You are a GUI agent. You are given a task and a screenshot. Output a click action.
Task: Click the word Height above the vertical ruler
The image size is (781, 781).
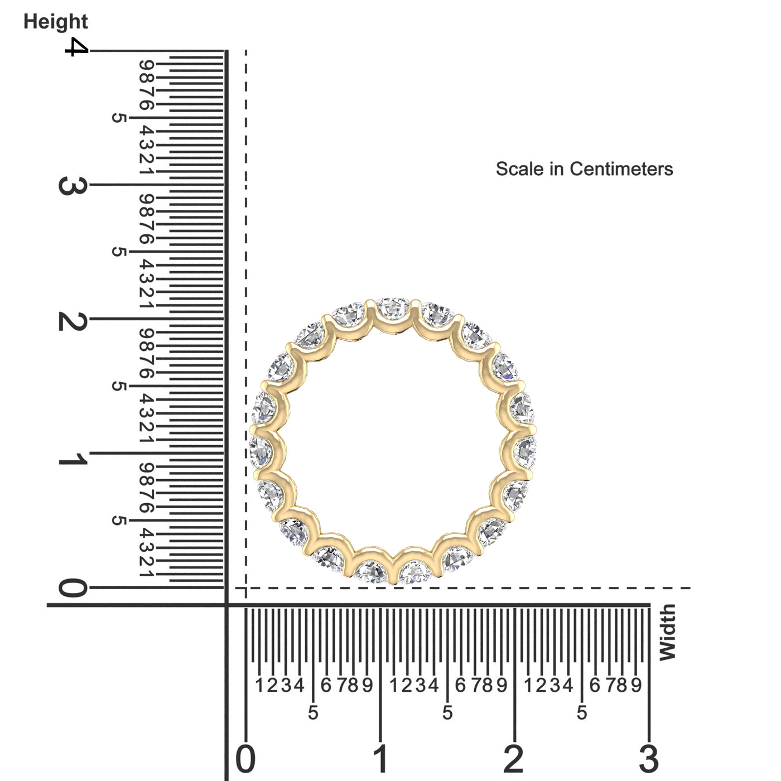[x=55, y=22]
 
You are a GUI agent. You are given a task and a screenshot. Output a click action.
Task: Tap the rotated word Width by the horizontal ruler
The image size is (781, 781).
[x=667, y=632]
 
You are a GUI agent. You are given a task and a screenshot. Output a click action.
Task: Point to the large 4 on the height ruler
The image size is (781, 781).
[x=76, y=47]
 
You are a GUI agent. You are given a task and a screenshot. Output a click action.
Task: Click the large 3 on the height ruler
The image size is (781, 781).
[x=72, y=186]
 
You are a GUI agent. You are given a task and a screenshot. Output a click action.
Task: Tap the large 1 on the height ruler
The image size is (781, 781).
[x=73, y=459]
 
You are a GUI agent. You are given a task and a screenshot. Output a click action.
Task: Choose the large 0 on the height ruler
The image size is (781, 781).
[x=73, y=588]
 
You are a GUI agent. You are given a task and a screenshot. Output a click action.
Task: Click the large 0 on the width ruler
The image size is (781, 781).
[x=245, y=759]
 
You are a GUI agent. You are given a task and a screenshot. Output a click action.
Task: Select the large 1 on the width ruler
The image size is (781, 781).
[x=380, y=759]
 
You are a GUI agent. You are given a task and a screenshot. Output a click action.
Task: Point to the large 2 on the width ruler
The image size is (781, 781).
[x=514, y=759]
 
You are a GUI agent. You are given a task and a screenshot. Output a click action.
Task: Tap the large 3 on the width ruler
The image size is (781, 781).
[x=649, y=759]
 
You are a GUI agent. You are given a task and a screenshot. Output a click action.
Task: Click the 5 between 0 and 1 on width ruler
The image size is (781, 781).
[x=313, y=713]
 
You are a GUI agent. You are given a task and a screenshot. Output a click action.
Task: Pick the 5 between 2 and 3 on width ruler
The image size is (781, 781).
[x=582, y=713]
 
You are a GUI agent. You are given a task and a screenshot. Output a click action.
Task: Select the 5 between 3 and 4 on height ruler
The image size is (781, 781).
[x=118, y=118]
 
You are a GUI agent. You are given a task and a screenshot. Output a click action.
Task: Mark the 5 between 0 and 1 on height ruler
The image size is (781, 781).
[x=118, y=520]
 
